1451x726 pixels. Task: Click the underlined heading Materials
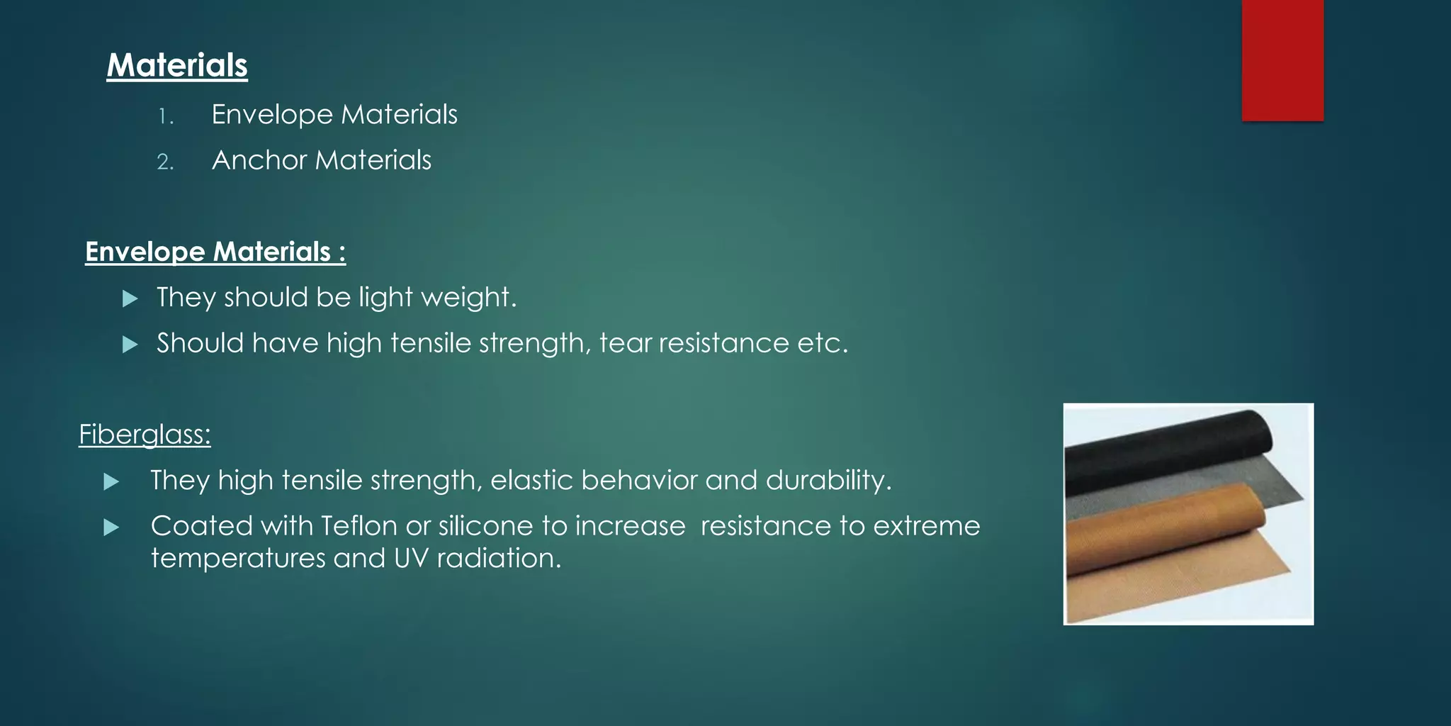[177, 65]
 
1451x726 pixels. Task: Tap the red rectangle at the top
[1282, 60]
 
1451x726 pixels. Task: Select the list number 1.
[165, 116]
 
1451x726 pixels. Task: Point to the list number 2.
[165, 162]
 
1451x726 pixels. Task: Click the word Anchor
[259, 160]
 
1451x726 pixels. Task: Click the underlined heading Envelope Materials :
[215, 252]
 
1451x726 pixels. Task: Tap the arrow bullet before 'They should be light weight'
[130, 298]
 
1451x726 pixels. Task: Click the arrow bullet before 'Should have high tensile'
[130, 345]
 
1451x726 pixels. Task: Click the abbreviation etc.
[822, 344]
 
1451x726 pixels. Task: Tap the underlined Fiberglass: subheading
[145, 435]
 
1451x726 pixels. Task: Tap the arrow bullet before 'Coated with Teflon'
[111, 527]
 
